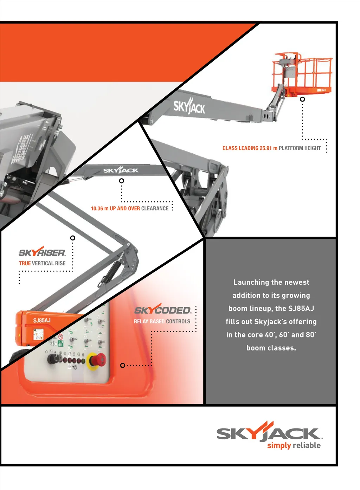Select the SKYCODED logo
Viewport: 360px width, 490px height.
[x=162, y=310]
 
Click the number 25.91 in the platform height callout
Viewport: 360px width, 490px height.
[x=266, y=148]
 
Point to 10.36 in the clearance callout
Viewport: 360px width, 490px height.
[x=97, y=208]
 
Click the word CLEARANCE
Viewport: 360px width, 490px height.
[x=155, y=208]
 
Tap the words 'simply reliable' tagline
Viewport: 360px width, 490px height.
[x=294, y=446]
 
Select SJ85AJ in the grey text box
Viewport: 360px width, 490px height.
[x=301, y=309]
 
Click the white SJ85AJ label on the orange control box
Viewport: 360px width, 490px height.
[x=42, y=320]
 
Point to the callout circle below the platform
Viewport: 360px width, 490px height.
[x=302, y=99]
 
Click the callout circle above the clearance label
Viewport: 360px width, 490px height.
[x=121, y=181]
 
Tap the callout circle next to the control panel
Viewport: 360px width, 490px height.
[x=123, y=366]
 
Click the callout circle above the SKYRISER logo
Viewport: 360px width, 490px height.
[x=73, y=238]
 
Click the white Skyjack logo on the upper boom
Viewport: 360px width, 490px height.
[x=189, y=106]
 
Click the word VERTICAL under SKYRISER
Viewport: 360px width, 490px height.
[x=43, y=263]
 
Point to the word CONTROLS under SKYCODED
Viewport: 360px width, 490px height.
[x=178, y=321]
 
